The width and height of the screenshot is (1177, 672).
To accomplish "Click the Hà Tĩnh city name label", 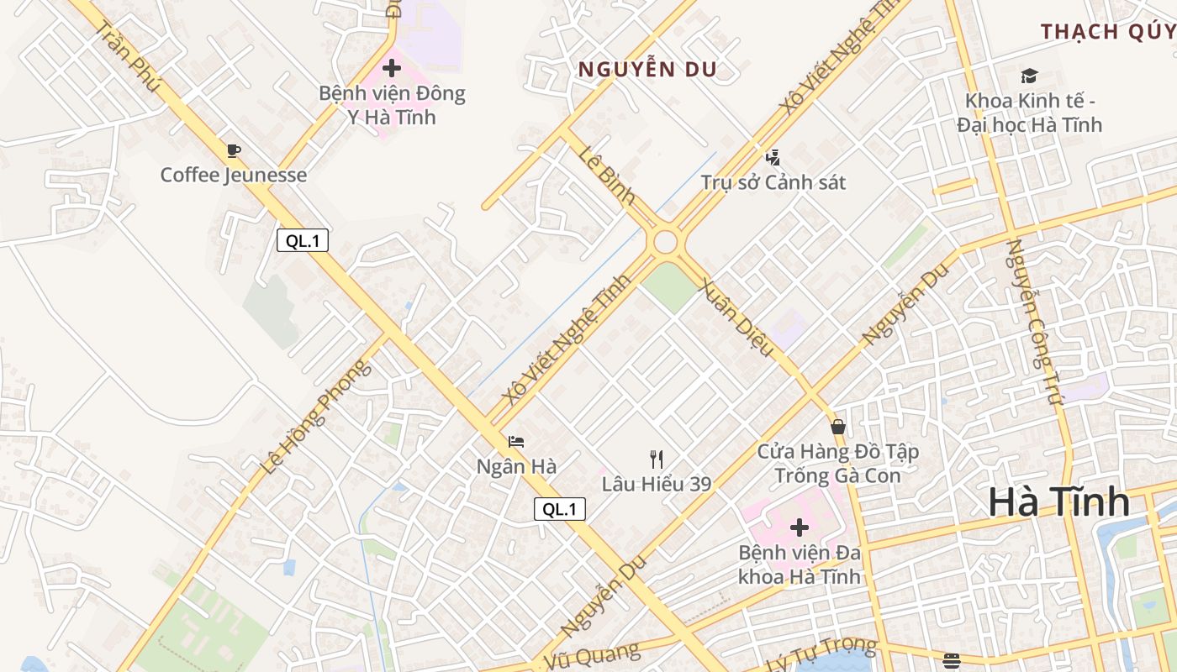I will pos(1058,502).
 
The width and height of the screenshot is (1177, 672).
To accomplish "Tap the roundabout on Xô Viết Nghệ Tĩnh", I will pos(665,242).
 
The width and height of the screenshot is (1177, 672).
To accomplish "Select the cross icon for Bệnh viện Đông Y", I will pos(392,68).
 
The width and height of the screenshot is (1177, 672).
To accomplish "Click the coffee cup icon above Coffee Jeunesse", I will pos(234,151).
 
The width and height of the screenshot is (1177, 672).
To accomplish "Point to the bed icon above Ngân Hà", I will pos(516,442).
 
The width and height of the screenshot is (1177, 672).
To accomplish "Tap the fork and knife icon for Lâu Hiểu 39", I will pos(657,459).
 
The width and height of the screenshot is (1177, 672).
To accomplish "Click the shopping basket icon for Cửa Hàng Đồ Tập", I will pos(837,427).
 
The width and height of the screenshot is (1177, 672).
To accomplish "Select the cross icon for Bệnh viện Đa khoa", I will pos(800,528).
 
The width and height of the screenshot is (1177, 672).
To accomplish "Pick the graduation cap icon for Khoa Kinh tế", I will pos(1029,76).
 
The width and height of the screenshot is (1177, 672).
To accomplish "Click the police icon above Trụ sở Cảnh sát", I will pos(773,157).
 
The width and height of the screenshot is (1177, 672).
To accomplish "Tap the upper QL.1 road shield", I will pos(303,241).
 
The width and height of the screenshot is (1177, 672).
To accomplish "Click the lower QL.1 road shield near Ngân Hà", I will pos(560,508).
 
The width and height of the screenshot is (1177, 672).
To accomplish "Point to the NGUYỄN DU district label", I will pos(647,70).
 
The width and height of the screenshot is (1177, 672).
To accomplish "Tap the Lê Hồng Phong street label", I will pos(314,417).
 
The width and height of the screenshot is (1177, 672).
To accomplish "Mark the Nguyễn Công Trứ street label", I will pos(1036,323).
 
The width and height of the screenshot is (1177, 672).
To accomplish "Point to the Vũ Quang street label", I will pos(591,655).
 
